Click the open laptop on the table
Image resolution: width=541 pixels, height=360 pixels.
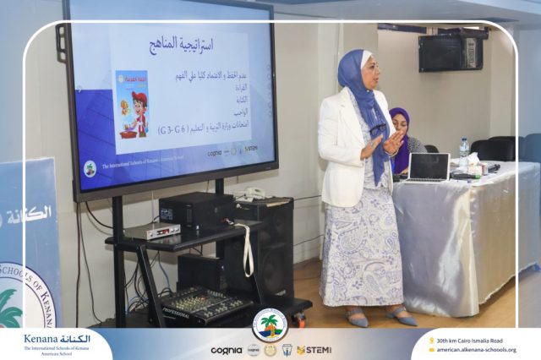pos(427,167)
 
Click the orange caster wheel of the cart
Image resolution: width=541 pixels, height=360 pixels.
pos(299,320)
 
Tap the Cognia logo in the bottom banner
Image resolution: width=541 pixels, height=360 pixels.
pos(227,350)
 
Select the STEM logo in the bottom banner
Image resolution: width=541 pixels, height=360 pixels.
pos(314,350)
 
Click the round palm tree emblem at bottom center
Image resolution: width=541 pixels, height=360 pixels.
pos(270,325)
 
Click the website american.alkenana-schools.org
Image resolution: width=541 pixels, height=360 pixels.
pos(478,350)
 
